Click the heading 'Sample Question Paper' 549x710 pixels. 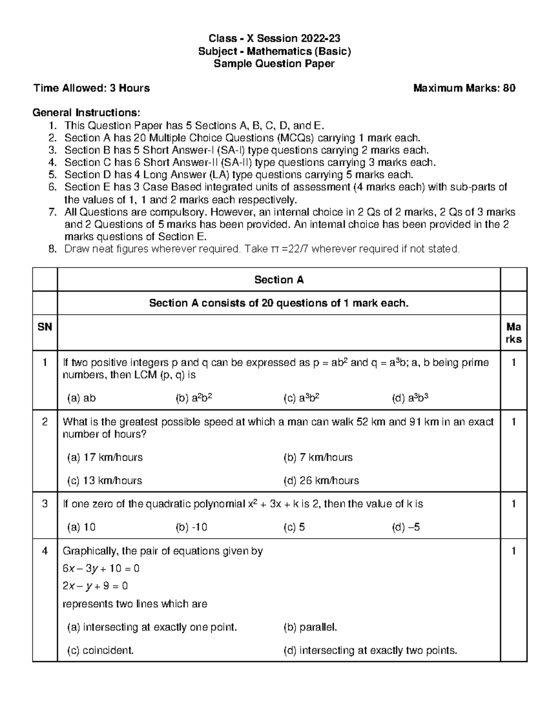coord(274,64)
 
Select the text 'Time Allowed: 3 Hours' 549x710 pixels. coord(91,88)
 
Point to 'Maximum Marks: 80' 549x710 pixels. coord(464,88)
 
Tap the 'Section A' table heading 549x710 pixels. coord(279,280)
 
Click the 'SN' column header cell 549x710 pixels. coord(45,327)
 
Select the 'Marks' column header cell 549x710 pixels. coord(513,333)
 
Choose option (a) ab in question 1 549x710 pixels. coord(81,398)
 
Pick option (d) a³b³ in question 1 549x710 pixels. coord(410,398)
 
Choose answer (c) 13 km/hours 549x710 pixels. coord(104,480)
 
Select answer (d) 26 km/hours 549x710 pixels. coord(321,480)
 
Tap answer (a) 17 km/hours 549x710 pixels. coord(105,457)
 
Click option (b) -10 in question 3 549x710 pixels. coord(191,527)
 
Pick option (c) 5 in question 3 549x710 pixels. coord(294,527)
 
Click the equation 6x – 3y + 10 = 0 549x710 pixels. coord(101,568)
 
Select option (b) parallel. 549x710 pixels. coord(310,627)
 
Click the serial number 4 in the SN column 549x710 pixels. coord(45,551)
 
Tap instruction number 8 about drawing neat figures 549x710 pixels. coord(262,249)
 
